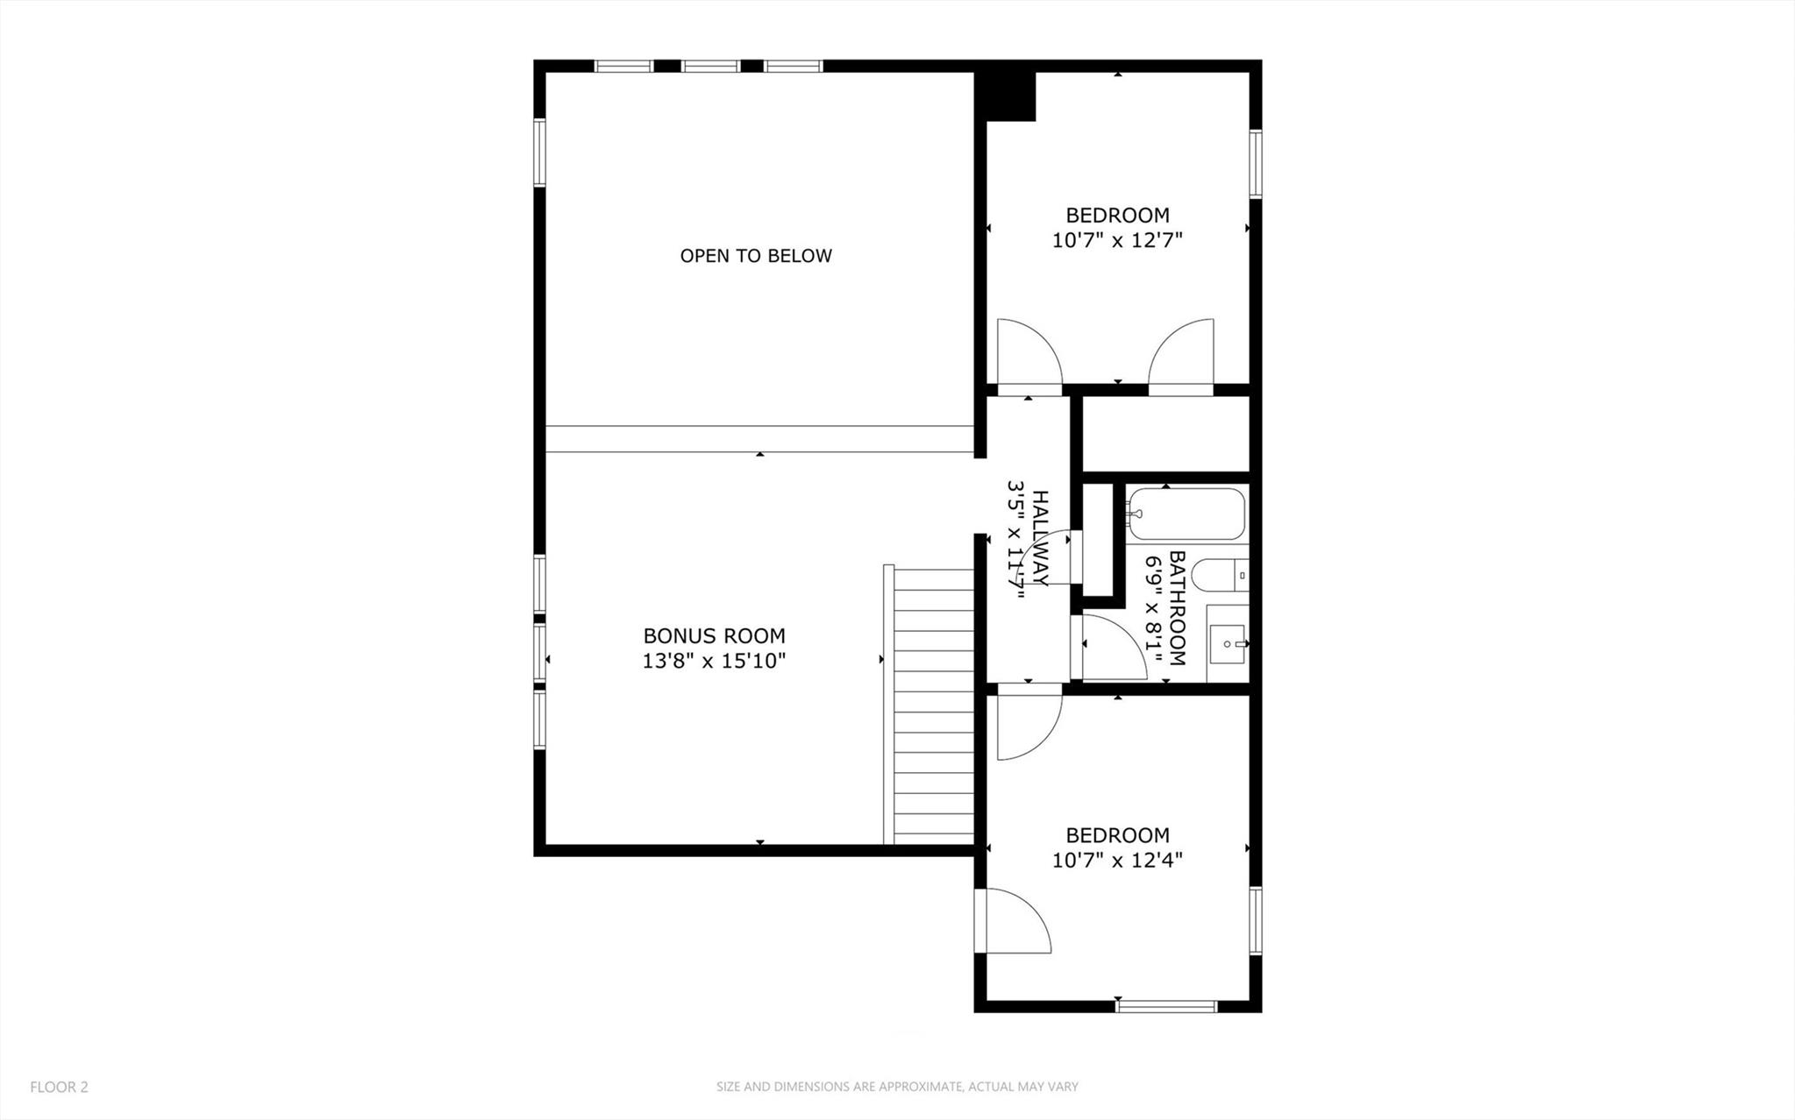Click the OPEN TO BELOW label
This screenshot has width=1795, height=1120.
click(756, 256)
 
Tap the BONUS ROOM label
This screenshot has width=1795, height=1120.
click(714, 635)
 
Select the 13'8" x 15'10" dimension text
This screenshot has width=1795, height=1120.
click(714, 661)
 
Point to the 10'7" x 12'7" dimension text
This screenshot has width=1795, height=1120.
click(1117, 240)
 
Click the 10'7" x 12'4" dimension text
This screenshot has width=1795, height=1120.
click(1117, 861)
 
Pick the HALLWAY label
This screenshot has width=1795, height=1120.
click(1040, 538)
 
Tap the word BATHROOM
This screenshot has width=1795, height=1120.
click(1178, 607)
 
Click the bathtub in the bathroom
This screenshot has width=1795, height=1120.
click(1186, 514)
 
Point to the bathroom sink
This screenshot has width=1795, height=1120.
click(1228, 644)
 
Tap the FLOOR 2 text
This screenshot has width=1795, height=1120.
click(59, 1087)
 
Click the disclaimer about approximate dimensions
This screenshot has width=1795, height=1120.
click(897, 1087)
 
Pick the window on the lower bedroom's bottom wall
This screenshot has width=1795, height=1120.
click(1166, 1005)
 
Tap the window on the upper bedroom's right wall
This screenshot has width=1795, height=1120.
click(1256, 164)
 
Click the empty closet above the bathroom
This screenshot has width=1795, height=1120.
click(1165, 434)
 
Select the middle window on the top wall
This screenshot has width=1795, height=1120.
click(710, 66)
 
